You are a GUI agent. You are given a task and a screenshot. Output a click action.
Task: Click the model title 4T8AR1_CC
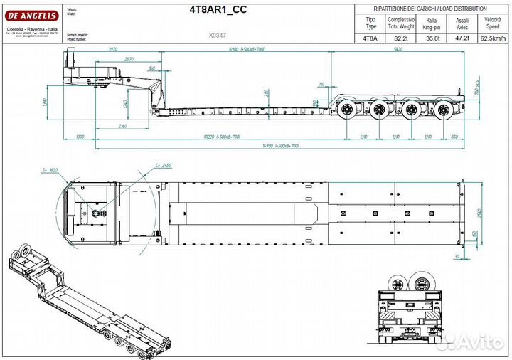tap(218, 10)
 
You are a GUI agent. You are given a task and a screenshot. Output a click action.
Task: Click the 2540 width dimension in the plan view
tap(481, 211)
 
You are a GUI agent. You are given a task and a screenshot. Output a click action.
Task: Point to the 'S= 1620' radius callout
tap(50, 171)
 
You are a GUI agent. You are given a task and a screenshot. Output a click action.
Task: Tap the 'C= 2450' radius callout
tap(163, 165)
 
